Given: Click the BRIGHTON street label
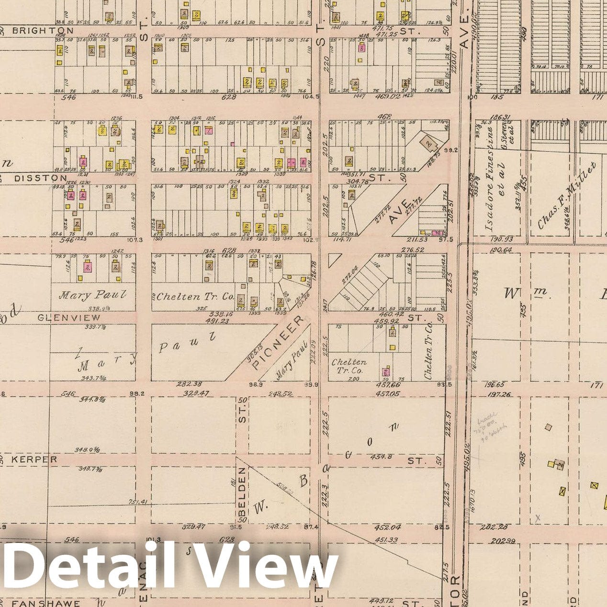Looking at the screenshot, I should coord(43,31).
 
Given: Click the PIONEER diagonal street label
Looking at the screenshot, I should coord(278,343).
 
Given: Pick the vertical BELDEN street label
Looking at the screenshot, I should coord(243,495).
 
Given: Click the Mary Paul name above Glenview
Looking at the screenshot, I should coord(93,295).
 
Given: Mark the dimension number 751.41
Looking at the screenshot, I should coord(137,502).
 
